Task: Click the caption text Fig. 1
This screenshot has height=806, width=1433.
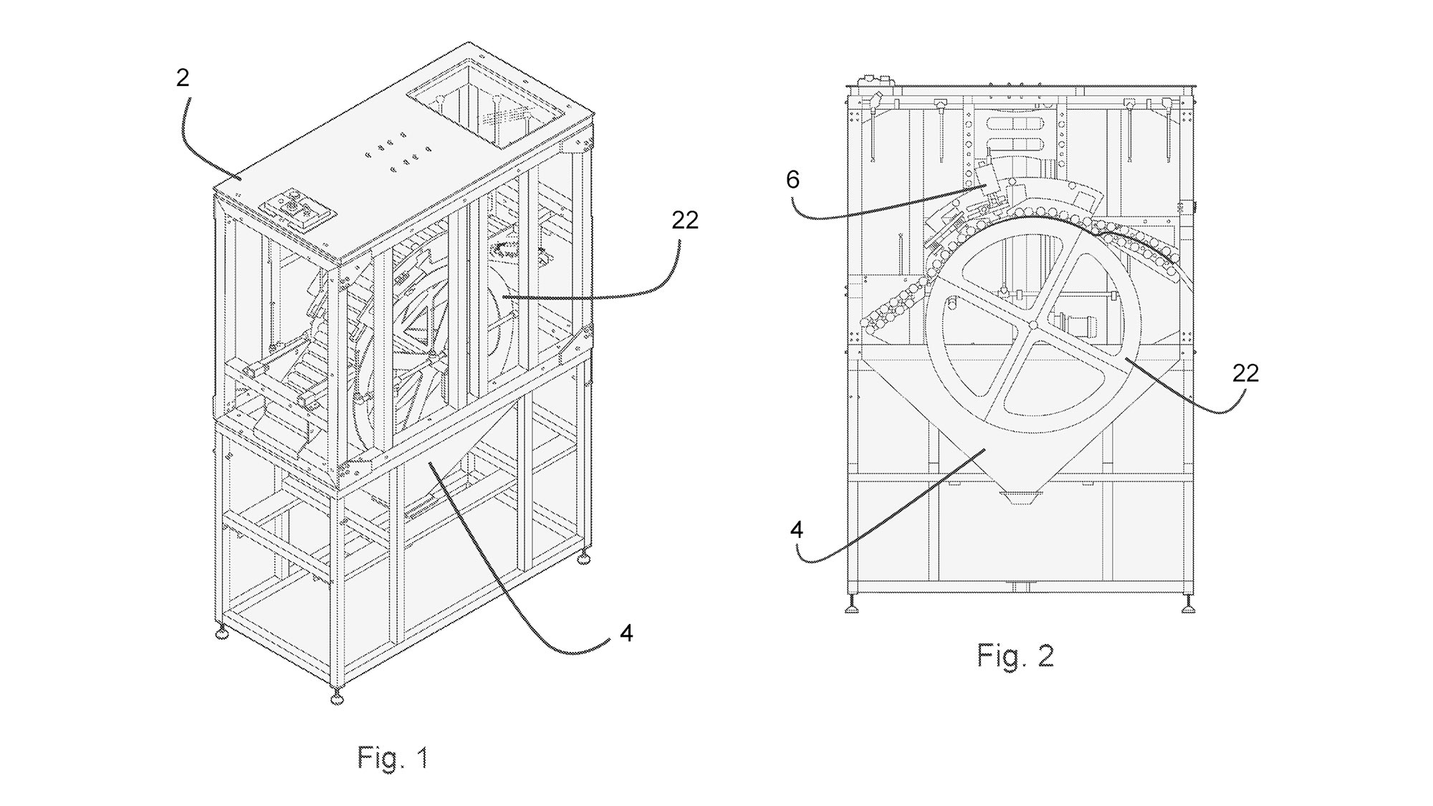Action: click(x=393, y=757)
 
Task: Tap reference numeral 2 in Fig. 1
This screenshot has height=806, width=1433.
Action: click(x=183, y=77)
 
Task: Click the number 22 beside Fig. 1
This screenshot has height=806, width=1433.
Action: click(x=684, y=220)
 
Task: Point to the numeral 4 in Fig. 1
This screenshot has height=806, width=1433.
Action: click(x=626, y=633)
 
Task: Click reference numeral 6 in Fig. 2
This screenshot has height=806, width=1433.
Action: click(x=792, y=180)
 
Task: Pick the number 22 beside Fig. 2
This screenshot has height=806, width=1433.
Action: click(x=1245, y=373)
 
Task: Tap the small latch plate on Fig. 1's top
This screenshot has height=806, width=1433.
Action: click(x=295, y=211)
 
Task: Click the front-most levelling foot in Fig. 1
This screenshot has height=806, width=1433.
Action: click(x=335, y=697)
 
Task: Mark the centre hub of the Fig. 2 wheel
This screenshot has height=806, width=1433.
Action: click(x=1032, y=325)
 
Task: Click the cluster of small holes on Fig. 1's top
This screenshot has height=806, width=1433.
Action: click(x=398, y=152)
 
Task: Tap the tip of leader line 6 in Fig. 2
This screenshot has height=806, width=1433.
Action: click(x=987, y=183)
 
